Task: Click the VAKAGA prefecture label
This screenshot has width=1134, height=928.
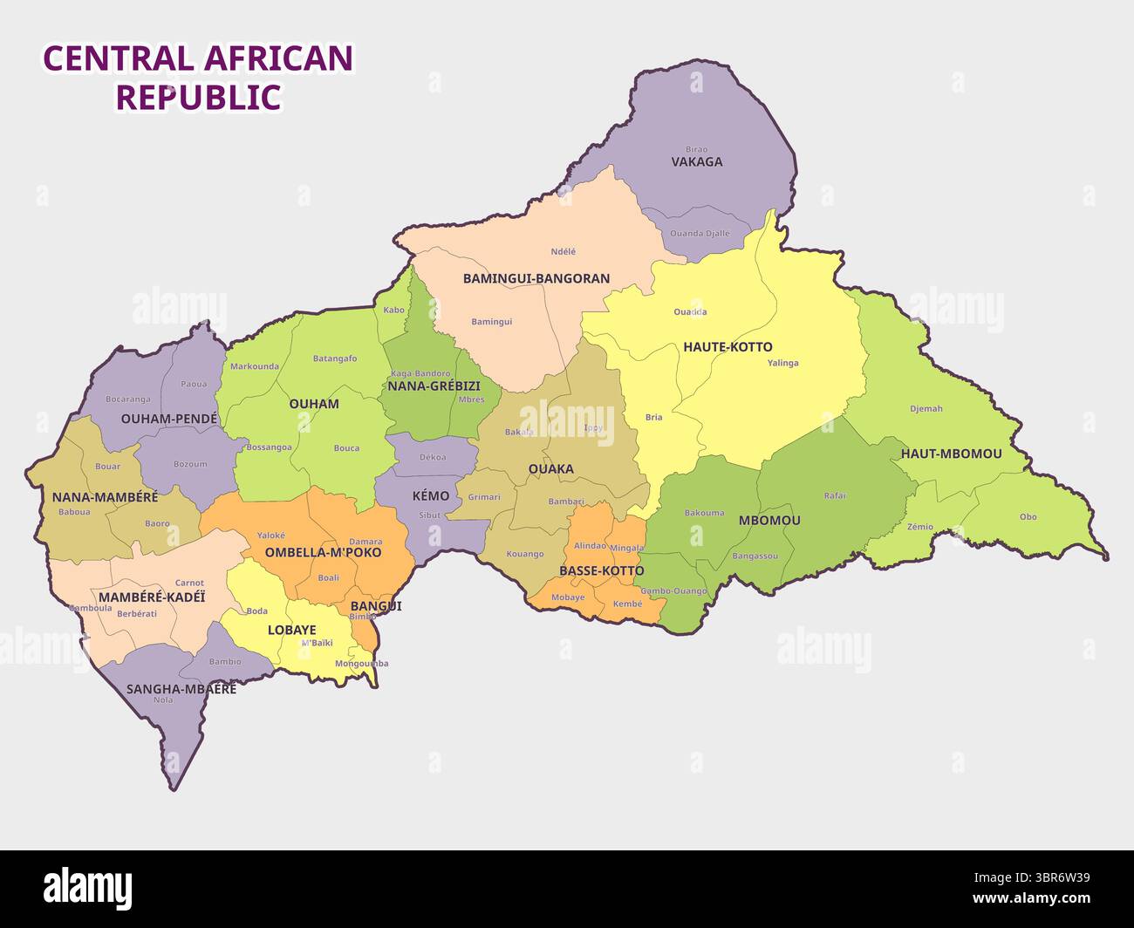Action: pyautogui.click(x=696, y=161)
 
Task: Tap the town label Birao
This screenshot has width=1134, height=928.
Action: pyautogui.click(x=696, y=149)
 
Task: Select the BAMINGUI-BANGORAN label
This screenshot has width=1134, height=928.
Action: pyautogui.click(x=536, y=278)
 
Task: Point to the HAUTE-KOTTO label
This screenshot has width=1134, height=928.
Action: pyautogui.click(x=728, y=346)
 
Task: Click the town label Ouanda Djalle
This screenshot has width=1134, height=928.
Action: pyautogui.click(x=700, y=234)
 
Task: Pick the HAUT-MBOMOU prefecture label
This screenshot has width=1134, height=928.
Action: pyautogui.click(x=951, y=454)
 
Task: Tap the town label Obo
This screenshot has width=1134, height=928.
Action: pyautogui.click(x=1028, y=516)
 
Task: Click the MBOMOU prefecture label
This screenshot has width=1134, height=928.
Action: pyautogui.click(x=769, y=520)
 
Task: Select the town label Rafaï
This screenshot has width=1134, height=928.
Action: pyautogui.click(x=835, y=495)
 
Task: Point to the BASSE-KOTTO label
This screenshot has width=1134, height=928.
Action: pyautogui.click(x=601, y=570)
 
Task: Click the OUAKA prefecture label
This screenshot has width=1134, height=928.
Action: pyautogui.click(x=550, y=468)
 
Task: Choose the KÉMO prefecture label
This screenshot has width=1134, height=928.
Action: pyautogui.click(x=430, y=495)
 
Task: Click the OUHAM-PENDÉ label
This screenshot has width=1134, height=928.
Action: pyautogui.click(x=169, y=419)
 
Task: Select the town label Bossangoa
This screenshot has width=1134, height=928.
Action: pyautogui.click(x=269, y=447)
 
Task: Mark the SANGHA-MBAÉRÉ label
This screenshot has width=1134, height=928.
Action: pyautogui.click(x=181, y=688)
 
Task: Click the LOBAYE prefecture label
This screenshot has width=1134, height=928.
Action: pyautogui.click(x=291, y=630)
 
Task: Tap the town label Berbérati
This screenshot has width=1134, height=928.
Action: pyautogui.click(x=137, y=613)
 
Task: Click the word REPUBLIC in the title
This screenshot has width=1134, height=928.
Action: pyautogui.click(x=199, y=97)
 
